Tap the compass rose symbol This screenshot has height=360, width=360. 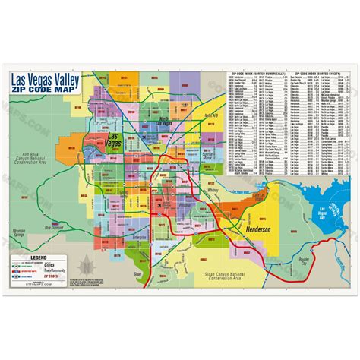click(x=88, y=265)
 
